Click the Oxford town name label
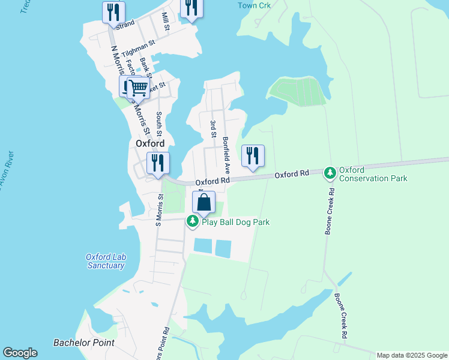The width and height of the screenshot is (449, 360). [149, 144]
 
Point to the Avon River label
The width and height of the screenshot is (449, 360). [4, 170]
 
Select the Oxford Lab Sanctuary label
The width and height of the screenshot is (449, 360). [105, 261]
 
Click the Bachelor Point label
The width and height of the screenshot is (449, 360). [83, 343]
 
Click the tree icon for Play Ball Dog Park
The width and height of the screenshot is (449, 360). [192, 222]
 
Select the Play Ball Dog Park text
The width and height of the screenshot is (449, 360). [235, 222]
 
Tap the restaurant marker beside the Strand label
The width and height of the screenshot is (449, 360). [113, 12]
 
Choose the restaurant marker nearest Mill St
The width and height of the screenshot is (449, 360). [191, 8]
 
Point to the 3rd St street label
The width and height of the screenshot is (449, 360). [212, 128]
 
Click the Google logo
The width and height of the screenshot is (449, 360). [20, 353]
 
